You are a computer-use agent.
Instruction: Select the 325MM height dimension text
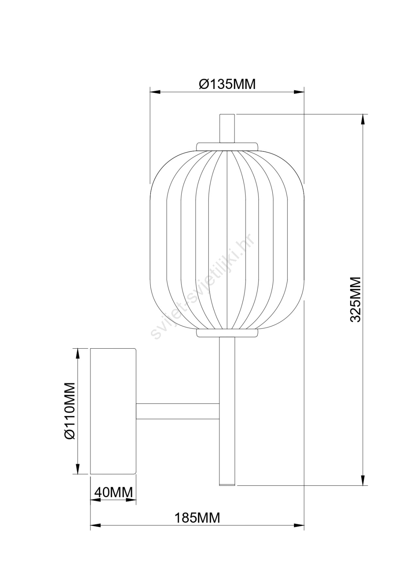coord(356,299)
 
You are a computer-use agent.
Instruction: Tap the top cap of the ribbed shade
coord(227,147)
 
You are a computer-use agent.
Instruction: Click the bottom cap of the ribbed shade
coord(227,333)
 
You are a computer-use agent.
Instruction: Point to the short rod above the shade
coord(227,128)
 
